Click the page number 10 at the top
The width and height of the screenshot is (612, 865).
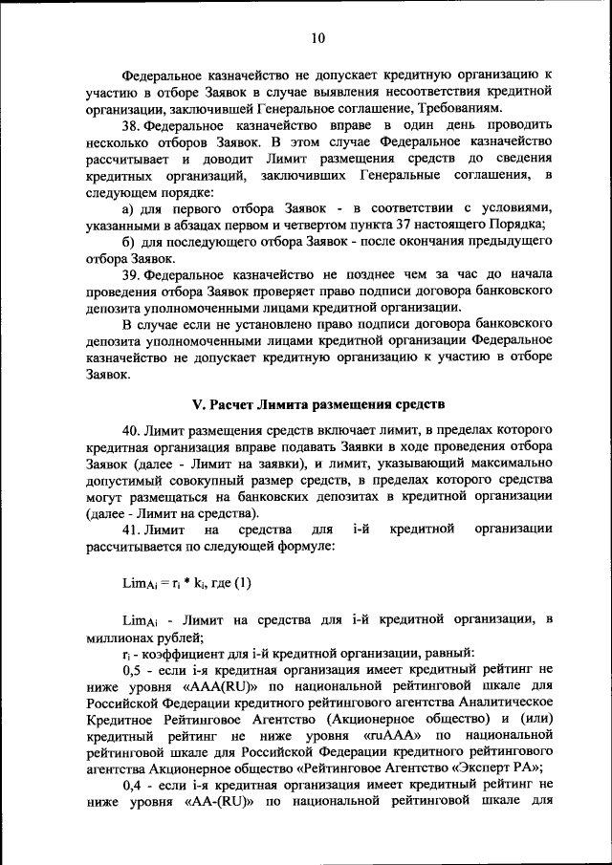click(317, 37)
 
